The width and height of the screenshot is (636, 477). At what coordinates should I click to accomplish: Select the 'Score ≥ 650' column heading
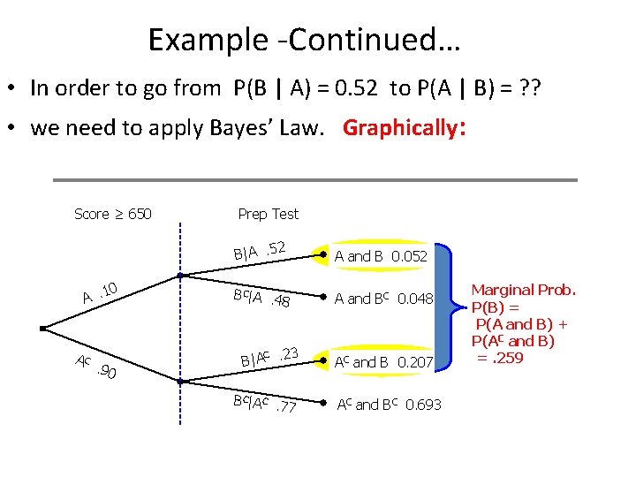pos(112,214)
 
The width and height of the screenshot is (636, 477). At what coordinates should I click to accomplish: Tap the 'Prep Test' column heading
pos(269,214)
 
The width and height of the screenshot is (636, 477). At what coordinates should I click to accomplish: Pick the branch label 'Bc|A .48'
pos(261,299)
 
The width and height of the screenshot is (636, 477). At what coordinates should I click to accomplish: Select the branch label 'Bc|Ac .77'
pos(264,405)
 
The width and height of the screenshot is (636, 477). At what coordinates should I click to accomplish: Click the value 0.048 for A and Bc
pos(415,299)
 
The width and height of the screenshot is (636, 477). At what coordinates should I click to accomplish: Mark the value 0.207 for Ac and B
pos(415,361)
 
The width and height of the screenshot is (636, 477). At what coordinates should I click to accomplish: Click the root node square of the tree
pos(43,328)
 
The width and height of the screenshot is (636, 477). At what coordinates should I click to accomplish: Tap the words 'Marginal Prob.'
pos(523,290)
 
